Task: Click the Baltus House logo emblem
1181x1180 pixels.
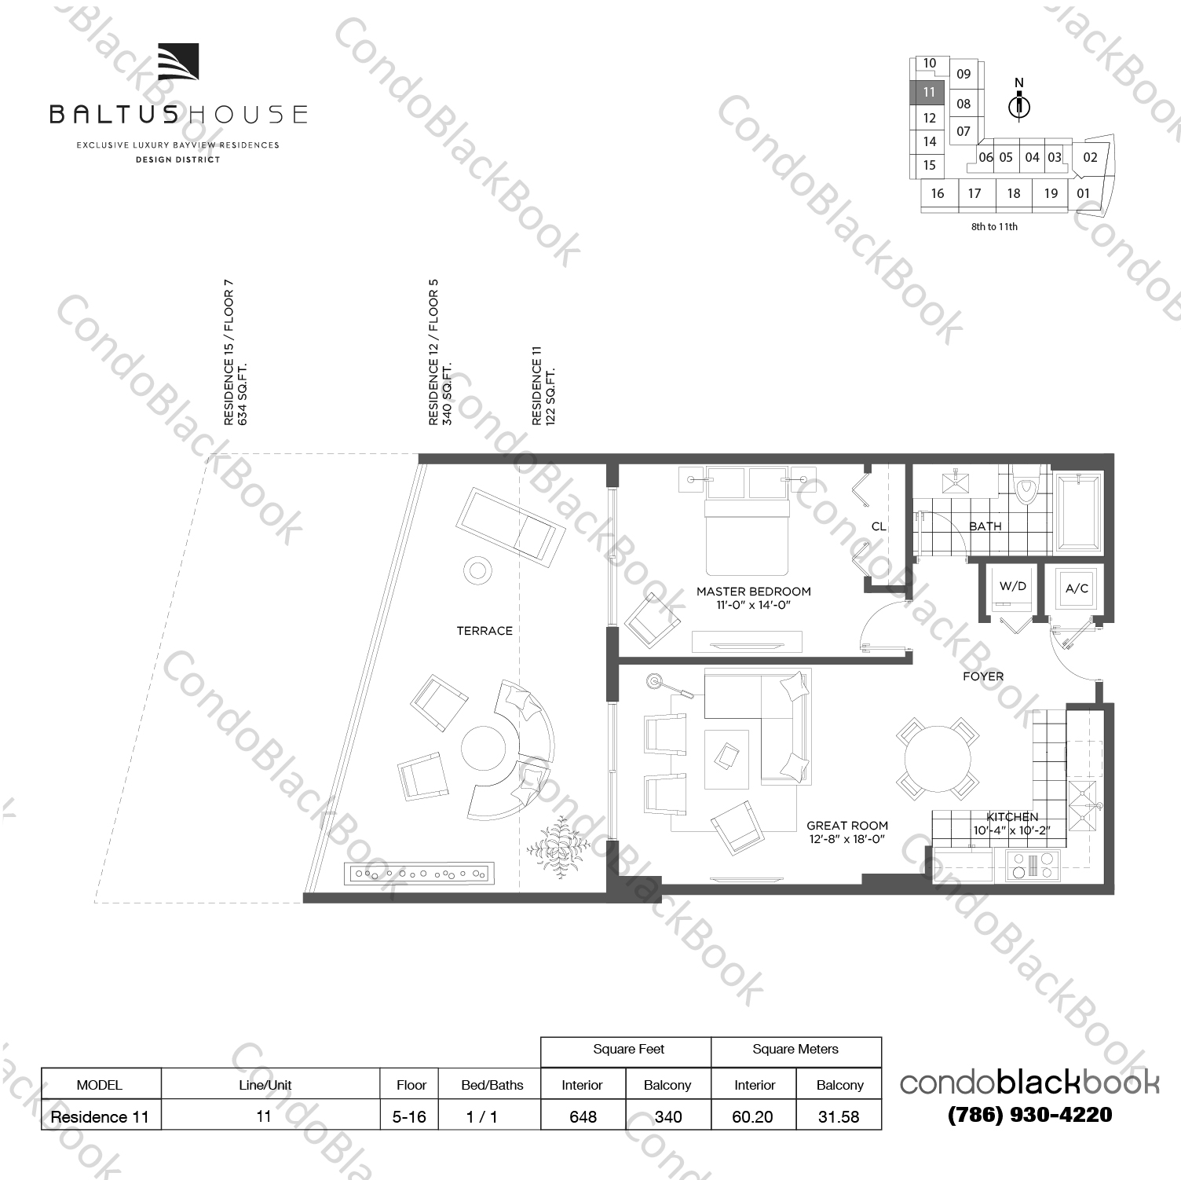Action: (178, 62)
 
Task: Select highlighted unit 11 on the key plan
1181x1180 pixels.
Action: (929, 92)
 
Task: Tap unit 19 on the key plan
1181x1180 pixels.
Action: (1051, 193)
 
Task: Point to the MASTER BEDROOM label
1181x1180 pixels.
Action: (753, 592)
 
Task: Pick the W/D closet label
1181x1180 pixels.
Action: (1012, 586)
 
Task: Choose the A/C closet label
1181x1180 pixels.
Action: (1077, 588)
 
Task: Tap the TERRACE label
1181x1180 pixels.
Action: (484, 631)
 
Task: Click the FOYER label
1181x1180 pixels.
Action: (983, 676)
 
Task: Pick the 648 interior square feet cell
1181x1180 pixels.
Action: (583, 1116)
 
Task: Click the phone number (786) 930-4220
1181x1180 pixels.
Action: (1029, 1115)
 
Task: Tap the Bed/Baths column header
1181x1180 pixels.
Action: (492, 1085)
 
